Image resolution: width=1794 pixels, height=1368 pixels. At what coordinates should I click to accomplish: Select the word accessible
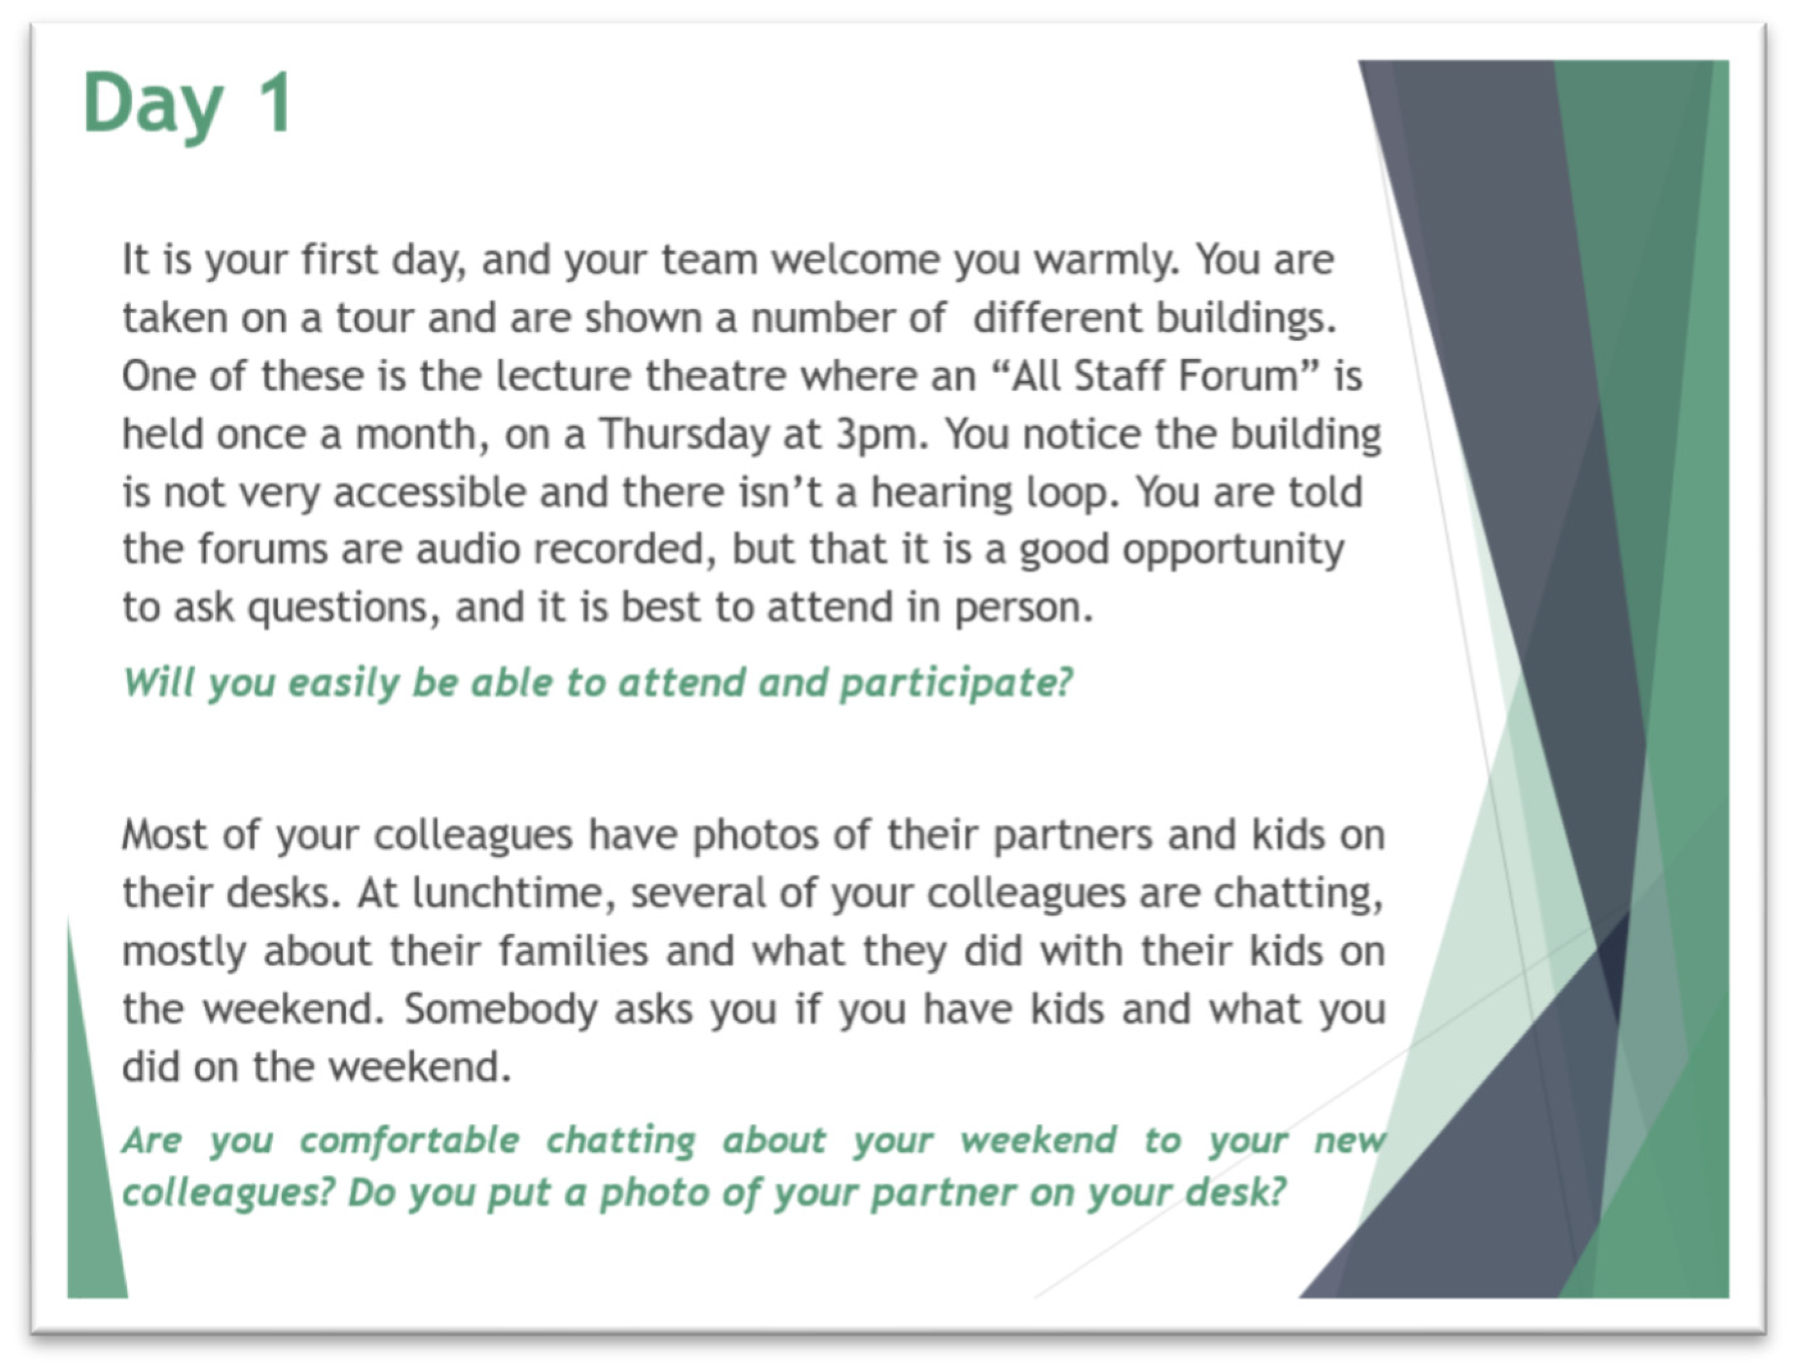(x=429, y=492)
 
